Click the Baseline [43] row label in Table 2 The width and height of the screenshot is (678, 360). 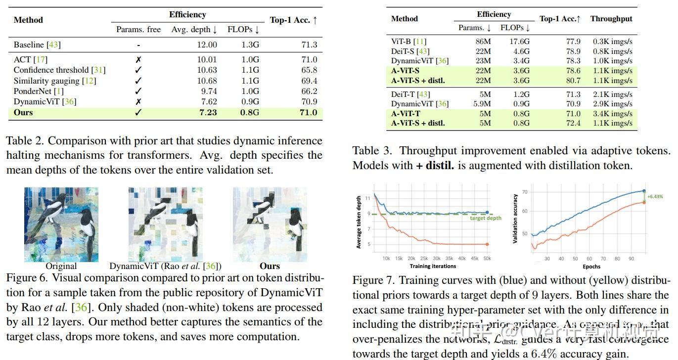[37, 45]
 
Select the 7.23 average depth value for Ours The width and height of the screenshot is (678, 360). [208, 112]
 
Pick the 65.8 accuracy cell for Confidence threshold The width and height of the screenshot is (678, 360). [309, 70]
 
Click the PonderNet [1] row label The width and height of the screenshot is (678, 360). [39, 91]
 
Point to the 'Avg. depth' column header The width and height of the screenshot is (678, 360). [194, 30]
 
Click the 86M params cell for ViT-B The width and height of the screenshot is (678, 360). [483, 42]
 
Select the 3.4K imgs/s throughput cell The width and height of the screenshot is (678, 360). [612, 114]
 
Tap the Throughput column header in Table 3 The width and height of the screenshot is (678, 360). [611, 19]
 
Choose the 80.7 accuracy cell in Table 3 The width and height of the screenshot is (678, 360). [573, 81]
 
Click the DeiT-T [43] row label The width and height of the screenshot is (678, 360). [410, 94]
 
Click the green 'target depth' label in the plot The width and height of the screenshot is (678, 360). [485, 218]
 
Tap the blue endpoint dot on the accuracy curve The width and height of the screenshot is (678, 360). [644, 191]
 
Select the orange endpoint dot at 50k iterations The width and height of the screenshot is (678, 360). [487, 244]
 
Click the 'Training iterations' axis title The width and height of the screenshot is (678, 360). [433, 267]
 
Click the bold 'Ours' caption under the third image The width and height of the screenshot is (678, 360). [270, 266]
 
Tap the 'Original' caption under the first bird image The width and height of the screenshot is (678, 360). [61, 266]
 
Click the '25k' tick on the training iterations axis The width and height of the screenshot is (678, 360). [424, 258]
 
